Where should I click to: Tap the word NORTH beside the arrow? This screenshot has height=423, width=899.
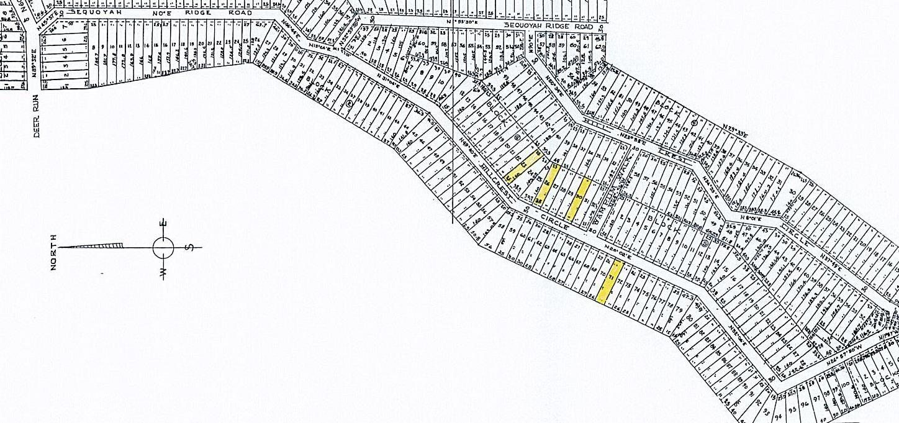[54, 252]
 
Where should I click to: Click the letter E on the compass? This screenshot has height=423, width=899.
[164, 224]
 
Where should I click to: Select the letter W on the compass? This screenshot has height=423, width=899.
[164, 272]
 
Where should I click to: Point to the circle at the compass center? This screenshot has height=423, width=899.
[163, 248]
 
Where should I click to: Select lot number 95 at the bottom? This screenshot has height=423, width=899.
[792, 409]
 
